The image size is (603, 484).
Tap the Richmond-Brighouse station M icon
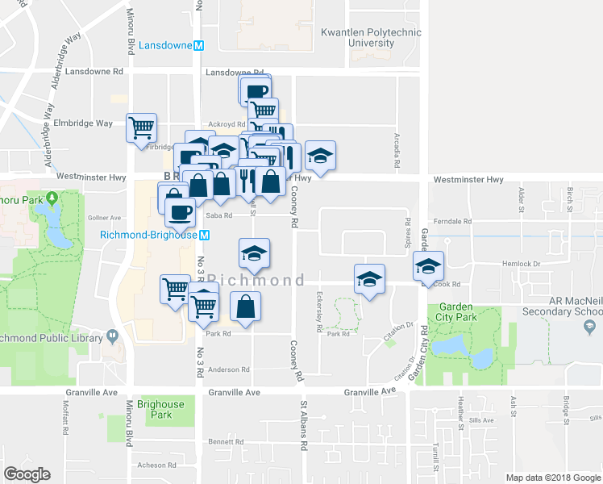[x=205, y=235]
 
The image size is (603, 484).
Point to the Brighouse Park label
[x=167, y=410]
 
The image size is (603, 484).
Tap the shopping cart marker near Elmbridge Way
[x=142, y=127]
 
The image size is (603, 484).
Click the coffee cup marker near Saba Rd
[x=179, y=212]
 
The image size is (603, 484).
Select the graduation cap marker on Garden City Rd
[x=429, y=265]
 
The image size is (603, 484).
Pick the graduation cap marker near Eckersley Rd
[x=369, y=279]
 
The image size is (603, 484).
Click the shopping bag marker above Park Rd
[x=246, y=307]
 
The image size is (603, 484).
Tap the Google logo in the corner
[x=27, y=474]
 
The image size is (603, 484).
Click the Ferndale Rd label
[x=451, y=221]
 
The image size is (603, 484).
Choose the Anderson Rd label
[x=230, y=369]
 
